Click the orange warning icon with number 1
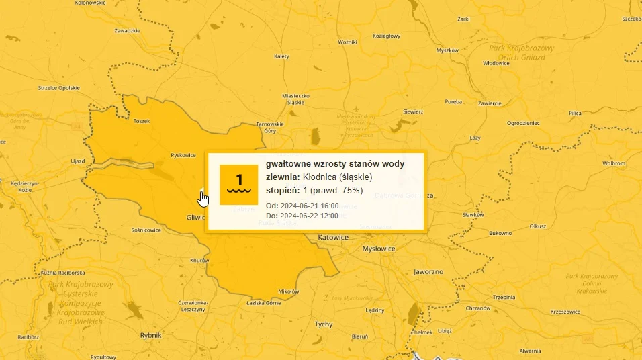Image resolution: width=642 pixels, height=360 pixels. (239, 184)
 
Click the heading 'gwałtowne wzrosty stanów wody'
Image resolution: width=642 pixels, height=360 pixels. (335, 164)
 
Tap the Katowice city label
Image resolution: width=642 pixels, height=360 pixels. (333, 238)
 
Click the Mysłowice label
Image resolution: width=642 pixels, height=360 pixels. (379, 249)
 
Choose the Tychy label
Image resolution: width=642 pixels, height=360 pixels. (324, 324)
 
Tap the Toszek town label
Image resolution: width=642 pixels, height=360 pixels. (142, 121)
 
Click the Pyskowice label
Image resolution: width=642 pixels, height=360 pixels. (183, 154)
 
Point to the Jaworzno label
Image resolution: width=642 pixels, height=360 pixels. (429, 272)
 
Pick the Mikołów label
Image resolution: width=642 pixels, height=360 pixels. (288, 291)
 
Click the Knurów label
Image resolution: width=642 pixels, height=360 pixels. (200, 260)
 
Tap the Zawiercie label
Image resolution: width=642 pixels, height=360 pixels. (490, 103)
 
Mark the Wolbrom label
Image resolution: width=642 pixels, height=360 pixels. (614, 163)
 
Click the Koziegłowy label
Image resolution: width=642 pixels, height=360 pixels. (386, 36)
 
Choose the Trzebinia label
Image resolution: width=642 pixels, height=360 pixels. (504, 296)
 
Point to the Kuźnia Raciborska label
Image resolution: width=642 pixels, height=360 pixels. (62, 273)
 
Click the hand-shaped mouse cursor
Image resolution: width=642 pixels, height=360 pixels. (203, 199)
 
